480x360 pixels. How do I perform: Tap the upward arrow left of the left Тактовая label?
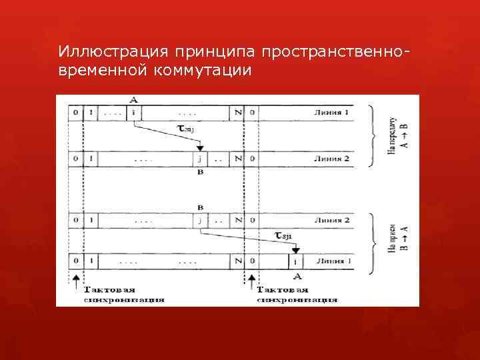click(x=76, y=280)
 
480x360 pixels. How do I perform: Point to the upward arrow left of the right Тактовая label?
click(x=251, y=280)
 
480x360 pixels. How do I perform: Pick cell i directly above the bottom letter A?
click(x=295, y=260)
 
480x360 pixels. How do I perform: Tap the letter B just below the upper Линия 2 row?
click(x=199, y=172)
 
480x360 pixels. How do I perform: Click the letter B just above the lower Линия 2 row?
click(x=199, y=207)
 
